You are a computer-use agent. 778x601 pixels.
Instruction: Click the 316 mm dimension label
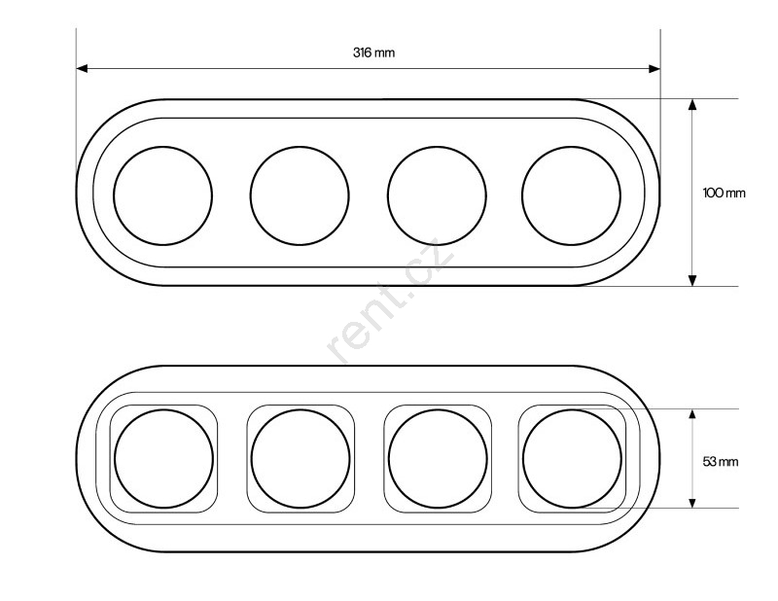374,53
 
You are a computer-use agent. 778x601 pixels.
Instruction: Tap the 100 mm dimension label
724,193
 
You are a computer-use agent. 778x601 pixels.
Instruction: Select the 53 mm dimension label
721,462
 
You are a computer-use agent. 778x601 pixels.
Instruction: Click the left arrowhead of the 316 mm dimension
83,68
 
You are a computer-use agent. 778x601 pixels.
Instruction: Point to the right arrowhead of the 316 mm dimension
654,68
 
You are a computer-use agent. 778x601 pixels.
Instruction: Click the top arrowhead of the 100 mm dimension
692,105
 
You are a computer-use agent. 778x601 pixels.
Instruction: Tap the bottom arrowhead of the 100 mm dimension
692,280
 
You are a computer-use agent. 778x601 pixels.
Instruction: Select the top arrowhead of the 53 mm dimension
692,415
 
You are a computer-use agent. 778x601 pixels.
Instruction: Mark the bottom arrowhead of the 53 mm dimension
692,502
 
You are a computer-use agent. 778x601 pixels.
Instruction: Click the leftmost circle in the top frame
114,195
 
